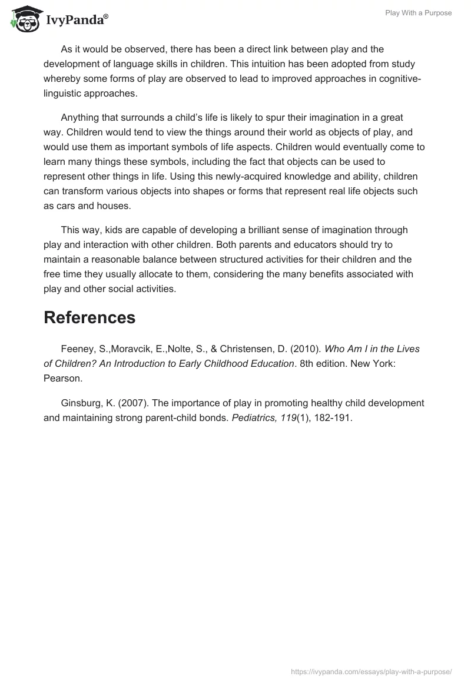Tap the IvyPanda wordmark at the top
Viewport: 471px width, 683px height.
point(77,21)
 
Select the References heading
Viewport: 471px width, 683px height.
point(89,317)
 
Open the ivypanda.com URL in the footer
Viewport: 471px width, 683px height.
point(372,671)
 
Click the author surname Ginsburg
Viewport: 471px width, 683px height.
point(81,403)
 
